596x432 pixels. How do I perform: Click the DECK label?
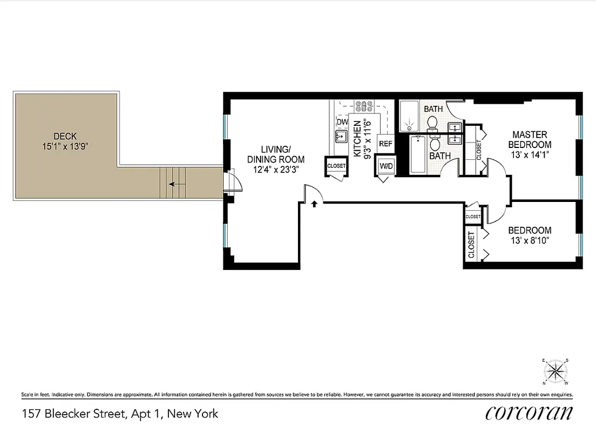[65, 136]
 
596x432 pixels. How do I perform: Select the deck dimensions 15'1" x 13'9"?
[65, 146]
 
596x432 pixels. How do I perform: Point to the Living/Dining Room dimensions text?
[275, 169]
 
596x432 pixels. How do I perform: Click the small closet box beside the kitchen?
[336, 166]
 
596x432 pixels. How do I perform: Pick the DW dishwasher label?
[342, 122]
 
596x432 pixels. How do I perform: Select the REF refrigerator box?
[385, 144]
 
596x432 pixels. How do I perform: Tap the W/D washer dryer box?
[386, 166]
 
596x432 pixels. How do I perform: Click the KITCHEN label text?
[357, 138]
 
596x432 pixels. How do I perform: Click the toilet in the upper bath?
[432, 124]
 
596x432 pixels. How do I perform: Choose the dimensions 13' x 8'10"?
[530, 240]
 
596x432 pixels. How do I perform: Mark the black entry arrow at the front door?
[314, 204]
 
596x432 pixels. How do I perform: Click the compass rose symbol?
[554, 371]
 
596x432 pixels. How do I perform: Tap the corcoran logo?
[529, 413]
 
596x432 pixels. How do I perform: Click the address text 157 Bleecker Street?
[120, 414]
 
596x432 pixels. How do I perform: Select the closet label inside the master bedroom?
[478, 150]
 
